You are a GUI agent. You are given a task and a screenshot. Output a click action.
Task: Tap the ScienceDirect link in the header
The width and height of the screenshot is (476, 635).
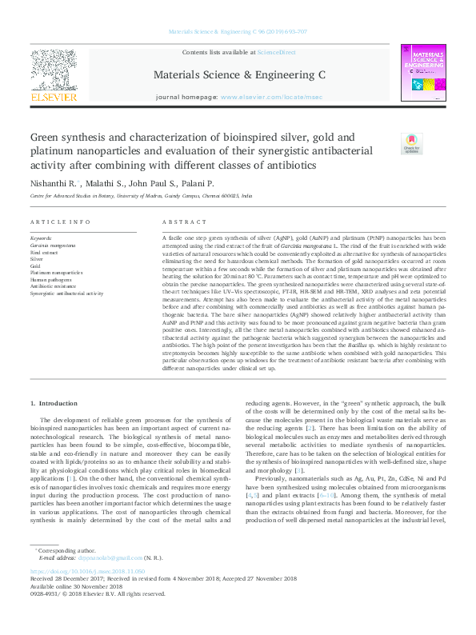click(x=276, y=52)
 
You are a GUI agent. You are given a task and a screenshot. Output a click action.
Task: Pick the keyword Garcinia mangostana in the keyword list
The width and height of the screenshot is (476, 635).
click(x=53, y=246)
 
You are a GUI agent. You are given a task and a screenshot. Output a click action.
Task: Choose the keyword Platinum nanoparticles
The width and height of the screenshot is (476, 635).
click(x=56, y=273)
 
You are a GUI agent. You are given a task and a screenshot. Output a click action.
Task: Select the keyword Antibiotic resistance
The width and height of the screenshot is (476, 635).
click(x=53, y=286)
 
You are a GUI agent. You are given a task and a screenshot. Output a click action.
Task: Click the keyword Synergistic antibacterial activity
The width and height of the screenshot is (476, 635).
click(x=66, y=294)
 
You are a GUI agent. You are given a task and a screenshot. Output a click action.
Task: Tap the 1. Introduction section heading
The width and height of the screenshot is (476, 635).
click(x=58, y=405)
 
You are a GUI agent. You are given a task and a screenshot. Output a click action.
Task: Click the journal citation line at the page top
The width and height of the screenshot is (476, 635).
click(x=238, y=32)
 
